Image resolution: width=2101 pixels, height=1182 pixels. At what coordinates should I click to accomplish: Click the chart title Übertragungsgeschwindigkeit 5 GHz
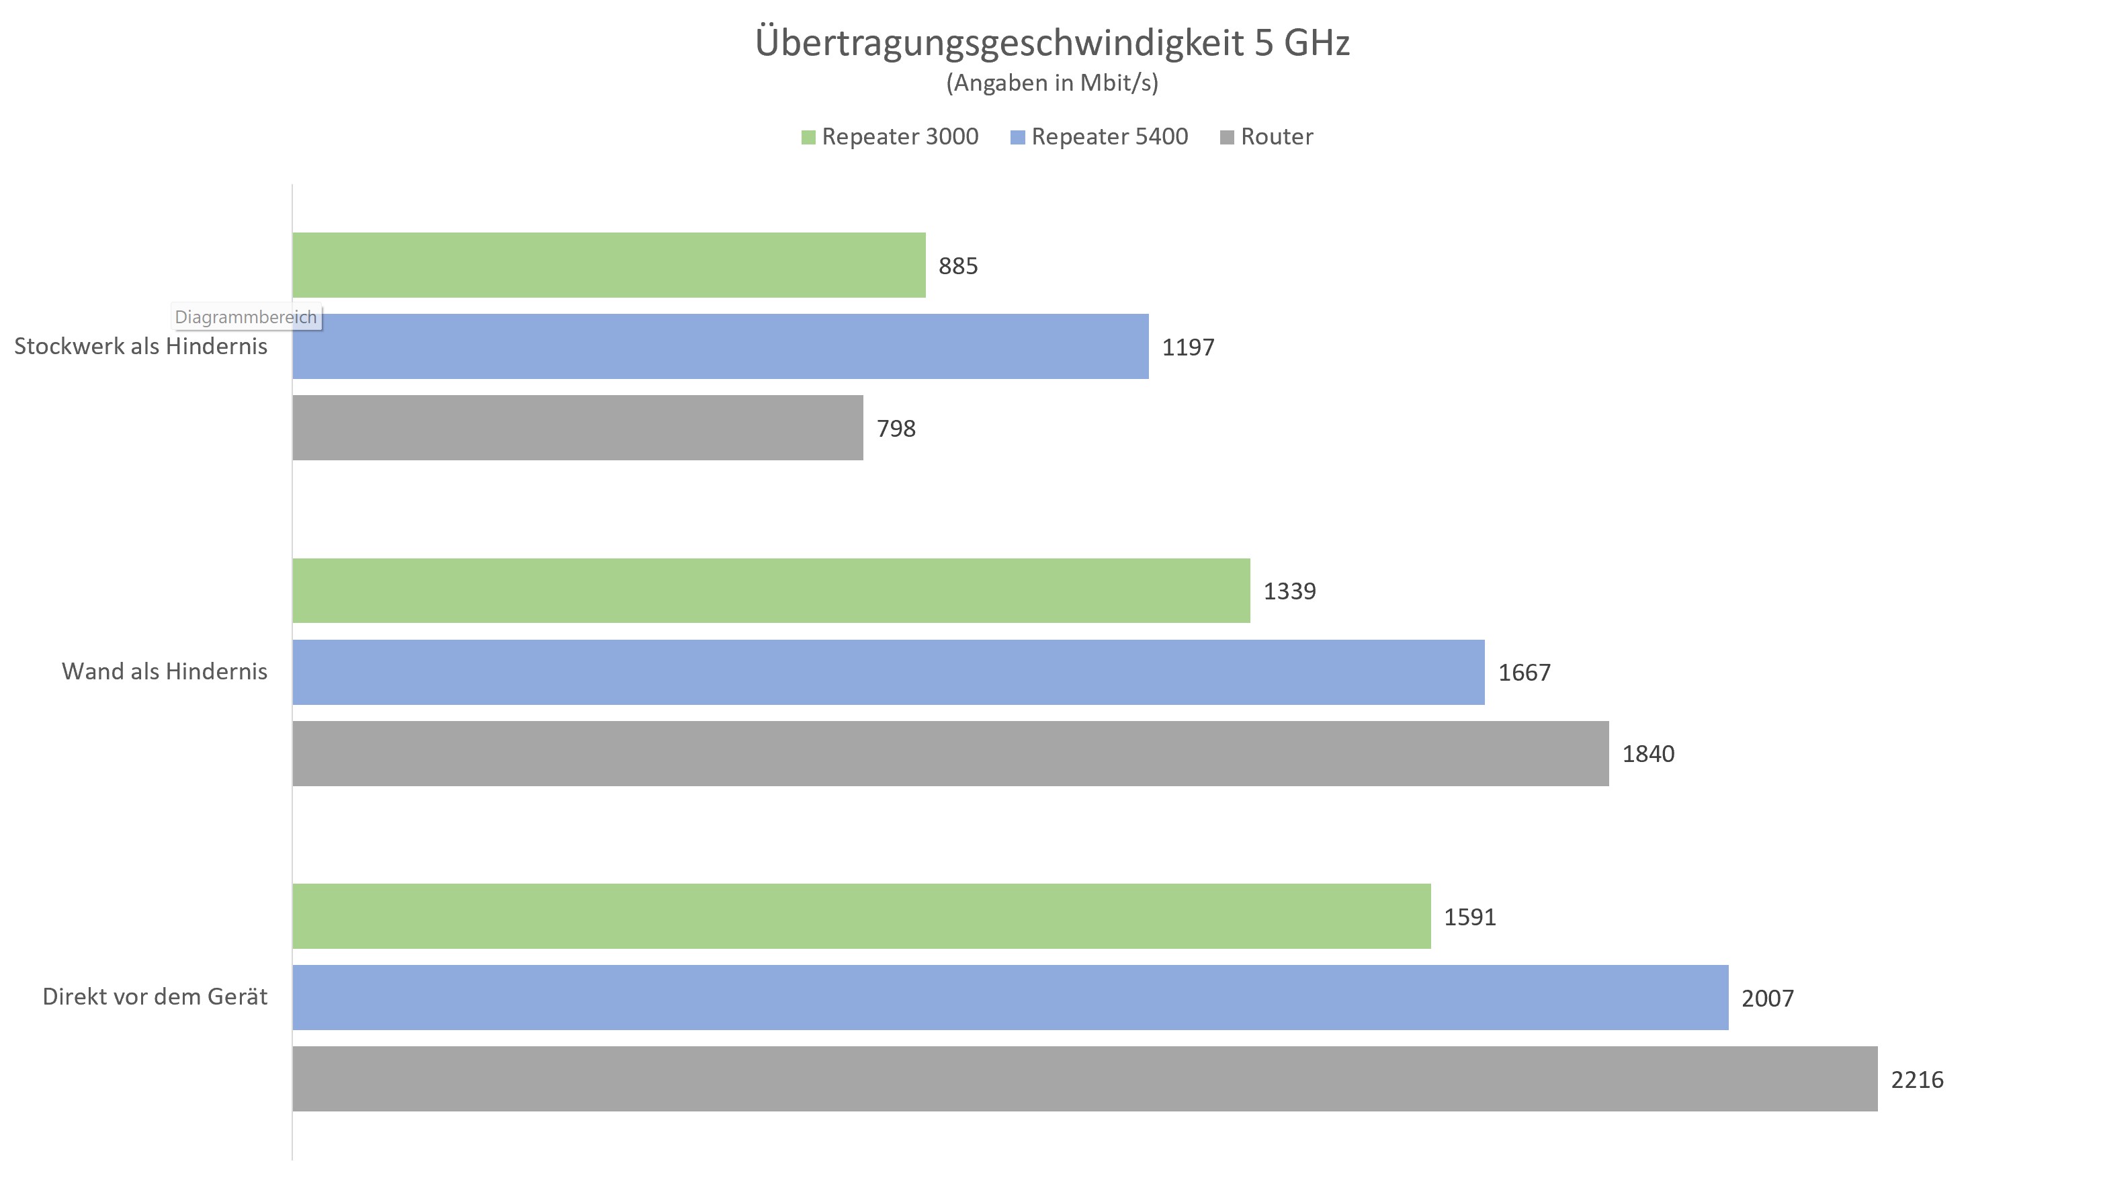tap(1052, 42)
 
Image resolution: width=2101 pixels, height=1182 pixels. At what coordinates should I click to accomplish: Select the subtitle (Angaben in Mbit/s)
tap(1052, 83)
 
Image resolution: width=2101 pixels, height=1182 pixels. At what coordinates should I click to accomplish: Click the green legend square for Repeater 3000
tap(808, 138)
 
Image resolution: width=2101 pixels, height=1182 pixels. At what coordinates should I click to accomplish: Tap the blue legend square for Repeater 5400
tap(1017, 138)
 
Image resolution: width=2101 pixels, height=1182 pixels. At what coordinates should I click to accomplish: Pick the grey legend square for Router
tap(1227, 138)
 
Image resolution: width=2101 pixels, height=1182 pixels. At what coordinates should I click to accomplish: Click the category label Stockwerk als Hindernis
tap(140, 347)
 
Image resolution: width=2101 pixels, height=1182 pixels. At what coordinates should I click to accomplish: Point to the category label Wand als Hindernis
tap(164, 671)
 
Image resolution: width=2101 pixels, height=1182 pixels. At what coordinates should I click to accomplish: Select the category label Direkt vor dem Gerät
tap(155, 997)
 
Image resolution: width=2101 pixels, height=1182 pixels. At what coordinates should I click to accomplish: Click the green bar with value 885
tap(609, 265)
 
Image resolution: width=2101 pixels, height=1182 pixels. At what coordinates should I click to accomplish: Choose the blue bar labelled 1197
tap(720, 347)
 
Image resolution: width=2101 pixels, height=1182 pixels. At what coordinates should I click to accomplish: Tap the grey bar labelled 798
tap(577, 428)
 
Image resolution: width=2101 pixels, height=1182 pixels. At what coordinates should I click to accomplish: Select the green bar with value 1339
tap(771, 591)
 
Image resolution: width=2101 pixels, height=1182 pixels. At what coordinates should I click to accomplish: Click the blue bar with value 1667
tap(888, 672)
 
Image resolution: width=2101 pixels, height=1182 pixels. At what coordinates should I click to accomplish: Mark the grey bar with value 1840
tap(950, 754)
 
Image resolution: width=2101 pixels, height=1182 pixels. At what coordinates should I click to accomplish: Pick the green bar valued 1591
tap(861, 916)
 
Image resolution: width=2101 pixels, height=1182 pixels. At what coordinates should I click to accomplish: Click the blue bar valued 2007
tap(1010, 998)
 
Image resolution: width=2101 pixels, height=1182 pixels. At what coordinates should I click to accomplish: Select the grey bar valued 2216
tap(1084, 1079)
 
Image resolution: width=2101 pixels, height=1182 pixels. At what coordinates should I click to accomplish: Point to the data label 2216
tap(1917, 1080)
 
